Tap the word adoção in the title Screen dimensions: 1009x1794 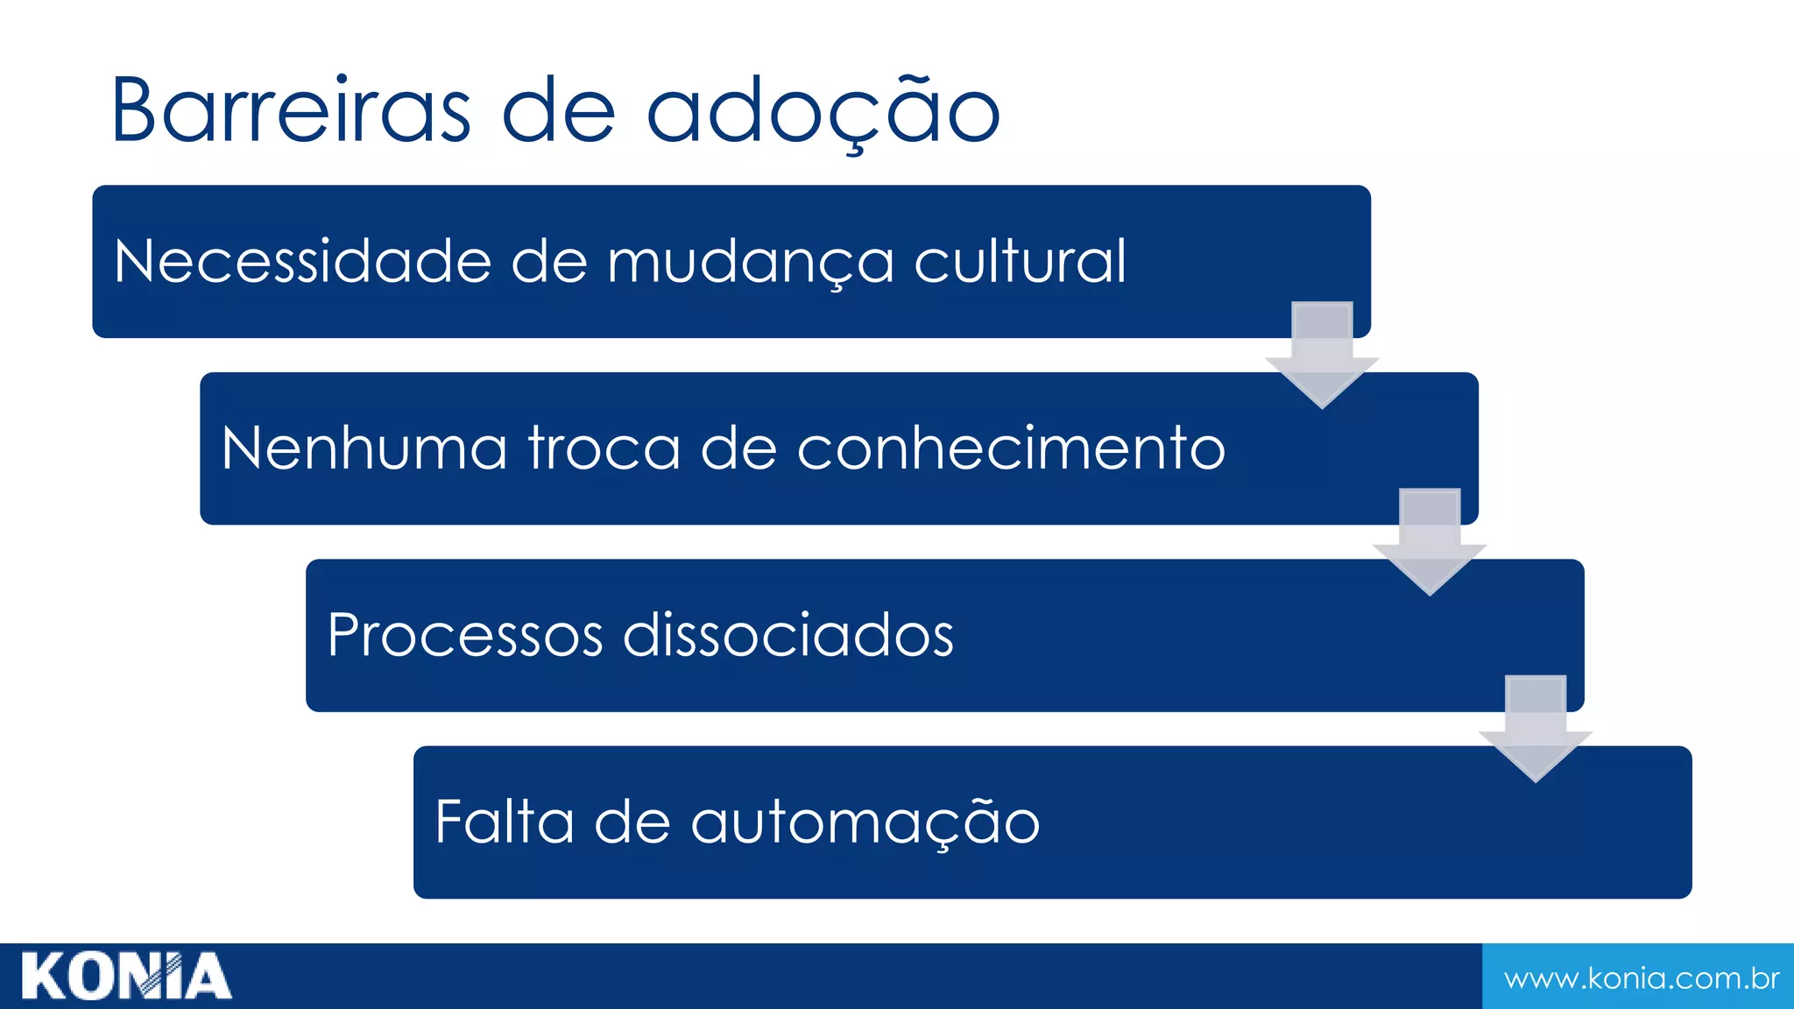(823, 112)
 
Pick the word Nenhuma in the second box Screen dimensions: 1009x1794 (364, 448)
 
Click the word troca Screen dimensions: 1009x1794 (604, 448)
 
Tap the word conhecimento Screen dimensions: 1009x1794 (1011, 448)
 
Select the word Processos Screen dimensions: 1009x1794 (465, 635)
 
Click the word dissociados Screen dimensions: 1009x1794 (788, 635)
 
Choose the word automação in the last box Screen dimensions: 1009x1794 (865, 823)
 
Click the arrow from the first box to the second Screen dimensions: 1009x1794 (1322, 355)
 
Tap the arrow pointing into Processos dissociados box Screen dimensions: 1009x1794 (1430, 541)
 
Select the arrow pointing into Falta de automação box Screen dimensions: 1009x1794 (1536, 728)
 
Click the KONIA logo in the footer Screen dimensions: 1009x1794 (126, 977)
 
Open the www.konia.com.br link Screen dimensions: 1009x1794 (1641, 977)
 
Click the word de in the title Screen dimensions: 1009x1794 (559, 112)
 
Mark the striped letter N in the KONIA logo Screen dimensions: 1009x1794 (160, 977)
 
